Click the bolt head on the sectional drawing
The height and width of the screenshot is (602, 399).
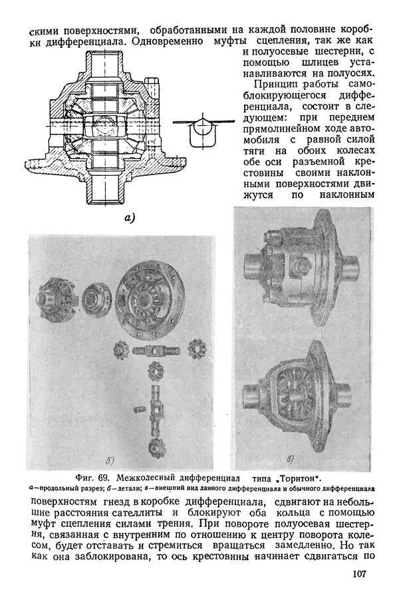(155, 87)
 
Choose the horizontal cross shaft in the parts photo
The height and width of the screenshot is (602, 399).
(156, 350)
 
